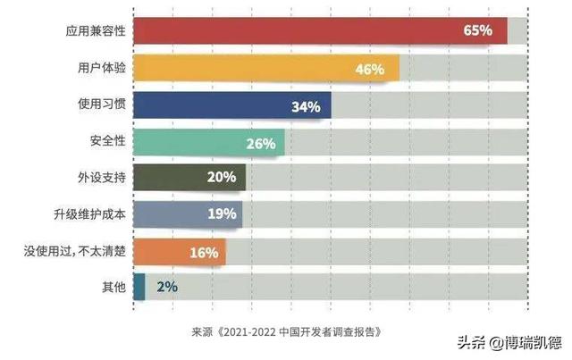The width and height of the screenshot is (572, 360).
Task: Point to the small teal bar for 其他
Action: point(139,287)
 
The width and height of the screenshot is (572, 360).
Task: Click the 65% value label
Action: point(477,30)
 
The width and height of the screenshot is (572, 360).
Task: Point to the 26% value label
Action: point(260,142)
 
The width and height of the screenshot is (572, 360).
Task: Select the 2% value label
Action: point(167,287)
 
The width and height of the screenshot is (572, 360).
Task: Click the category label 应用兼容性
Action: point(94,30)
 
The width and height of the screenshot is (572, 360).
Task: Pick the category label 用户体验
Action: point(100,68)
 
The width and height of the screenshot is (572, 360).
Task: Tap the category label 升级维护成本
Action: point(88,213)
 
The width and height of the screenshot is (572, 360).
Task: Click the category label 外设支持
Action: point(100,177)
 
